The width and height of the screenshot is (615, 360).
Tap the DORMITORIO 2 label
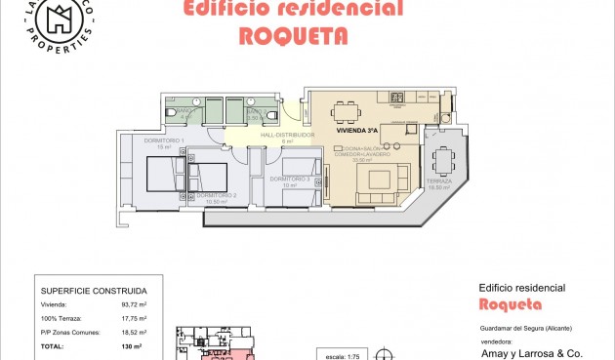[215, 197]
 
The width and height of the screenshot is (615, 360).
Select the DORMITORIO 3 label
[290, 179]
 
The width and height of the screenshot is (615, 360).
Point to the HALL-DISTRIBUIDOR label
[286, 136]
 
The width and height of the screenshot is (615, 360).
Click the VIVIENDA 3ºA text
[356, 130]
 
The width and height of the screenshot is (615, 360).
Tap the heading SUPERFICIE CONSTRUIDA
[94, 290]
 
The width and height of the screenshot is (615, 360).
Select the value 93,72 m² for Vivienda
[134, 305]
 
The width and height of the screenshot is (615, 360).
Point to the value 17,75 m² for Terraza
[134, 318]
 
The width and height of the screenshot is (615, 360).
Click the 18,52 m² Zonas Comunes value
[134, 332]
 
